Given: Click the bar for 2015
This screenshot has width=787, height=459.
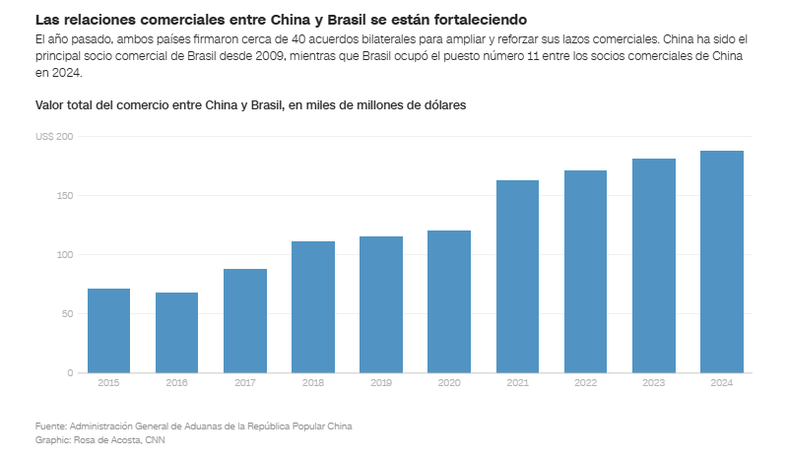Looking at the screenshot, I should [x=109, y=331].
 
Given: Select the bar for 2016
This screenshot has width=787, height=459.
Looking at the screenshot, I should [x=177, y=333].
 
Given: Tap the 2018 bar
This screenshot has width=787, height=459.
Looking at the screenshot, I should [x=313, y=307].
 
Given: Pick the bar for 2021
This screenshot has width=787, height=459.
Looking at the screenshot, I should [x=517, y=277].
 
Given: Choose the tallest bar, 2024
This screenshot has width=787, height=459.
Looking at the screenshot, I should [x=721, y=262].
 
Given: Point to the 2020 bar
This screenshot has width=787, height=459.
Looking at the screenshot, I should [x=449, y=301].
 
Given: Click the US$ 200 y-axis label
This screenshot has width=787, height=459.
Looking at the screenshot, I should [x=55, y=137].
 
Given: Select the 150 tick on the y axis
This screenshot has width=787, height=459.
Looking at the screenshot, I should [x=65, y=196].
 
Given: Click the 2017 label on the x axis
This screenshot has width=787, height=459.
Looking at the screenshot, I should [x=245, y=383].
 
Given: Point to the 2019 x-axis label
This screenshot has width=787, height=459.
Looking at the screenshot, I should [x=381, y=383].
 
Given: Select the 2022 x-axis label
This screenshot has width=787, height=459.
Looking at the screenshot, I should [x=585, y=383].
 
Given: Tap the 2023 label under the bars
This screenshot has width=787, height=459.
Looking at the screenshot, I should [x=653, y=383].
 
